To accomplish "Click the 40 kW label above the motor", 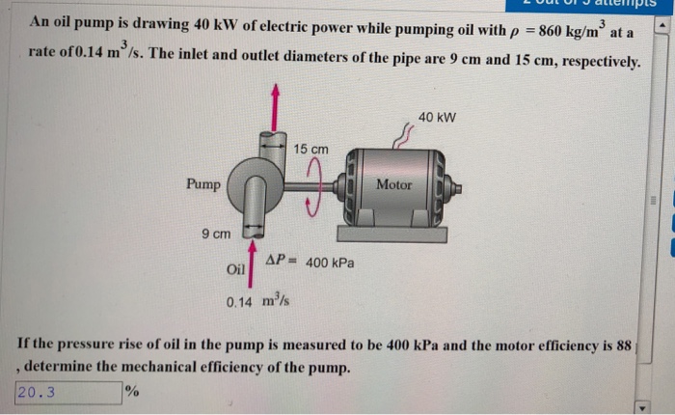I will [x=437, y=118].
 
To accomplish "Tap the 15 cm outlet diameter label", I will [x=310, y=150].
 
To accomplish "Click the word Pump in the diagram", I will [x=203, y=183].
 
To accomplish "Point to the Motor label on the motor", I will [x=393, y=184].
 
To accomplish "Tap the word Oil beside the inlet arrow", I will [x=236, y=269].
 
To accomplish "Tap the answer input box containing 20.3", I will [x=67, y=393].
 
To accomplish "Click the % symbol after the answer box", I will [x=132, y=393].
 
